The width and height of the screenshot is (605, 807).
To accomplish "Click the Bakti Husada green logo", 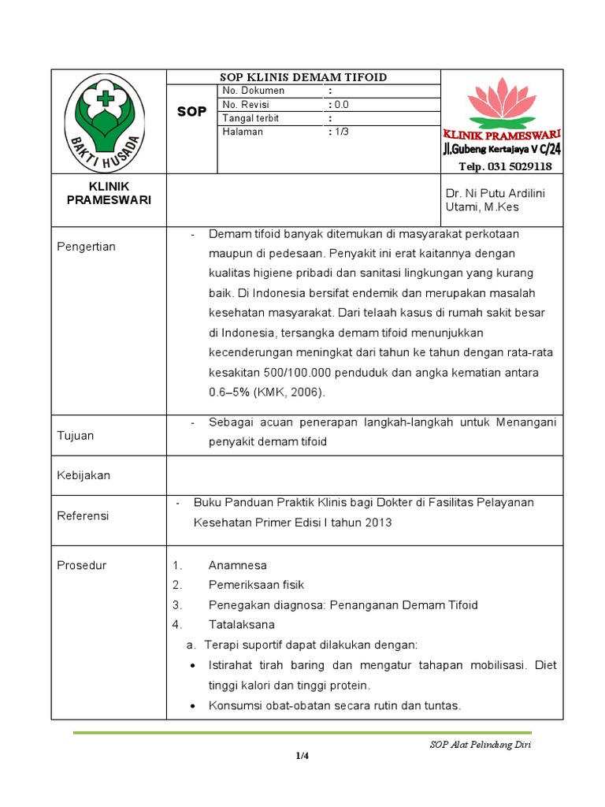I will tap(105, 119).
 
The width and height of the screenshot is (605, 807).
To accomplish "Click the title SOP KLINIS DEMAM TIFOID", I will tap(302, 76).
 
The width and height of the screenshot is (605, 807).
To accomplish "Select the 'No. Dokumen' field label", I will tap(254, 91).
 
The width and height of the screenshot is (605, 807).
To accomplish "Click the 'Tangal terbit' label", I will tap(251, 118).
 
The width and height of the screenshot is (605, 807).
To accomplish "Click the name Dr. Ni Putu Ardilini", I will tap(495, 193).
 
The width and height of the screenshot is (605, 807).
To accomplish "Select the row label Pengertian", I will tap(86, 247).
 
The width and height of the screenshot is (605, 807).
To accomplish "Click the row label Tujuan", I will tap(75, 436).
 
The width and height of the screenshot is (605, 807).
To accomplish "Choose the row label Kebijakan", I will tap(84, 475).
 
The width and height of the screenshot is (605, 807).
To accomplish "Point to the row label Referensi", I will tap(83, 515).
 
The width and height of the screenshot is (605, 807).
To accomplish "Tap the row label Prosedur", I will tap(82, 565).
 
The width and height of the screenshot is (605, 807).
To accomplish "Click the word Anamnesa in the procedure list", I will tap(237, 565).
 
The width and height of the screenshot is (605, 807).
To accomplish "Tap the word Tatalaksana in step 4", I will tap(242, 624).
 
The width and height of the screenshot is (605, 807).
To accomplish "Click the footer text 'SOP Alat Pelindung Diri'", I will tap(480, 745).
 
